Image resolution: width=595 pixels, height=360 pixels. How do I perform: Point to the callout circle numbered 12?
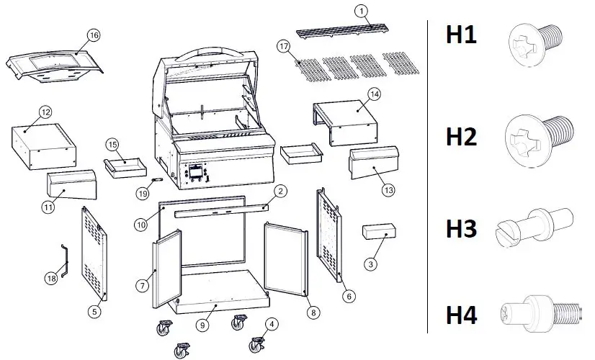point(45,112)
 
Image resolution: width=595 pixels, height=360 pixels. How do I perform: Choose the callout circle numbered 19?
point(143,192)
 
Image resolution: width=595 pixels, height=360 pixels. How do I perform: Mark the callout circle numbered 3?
point(371,264)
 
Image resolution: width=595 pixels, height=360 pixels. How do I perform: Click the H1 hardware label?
point(461,34)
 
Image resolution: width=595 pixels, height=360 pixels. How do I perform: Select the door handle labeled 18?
point(63,258)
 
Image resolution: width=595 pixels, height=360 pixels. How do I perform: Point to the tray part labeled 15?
point(124,166)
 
